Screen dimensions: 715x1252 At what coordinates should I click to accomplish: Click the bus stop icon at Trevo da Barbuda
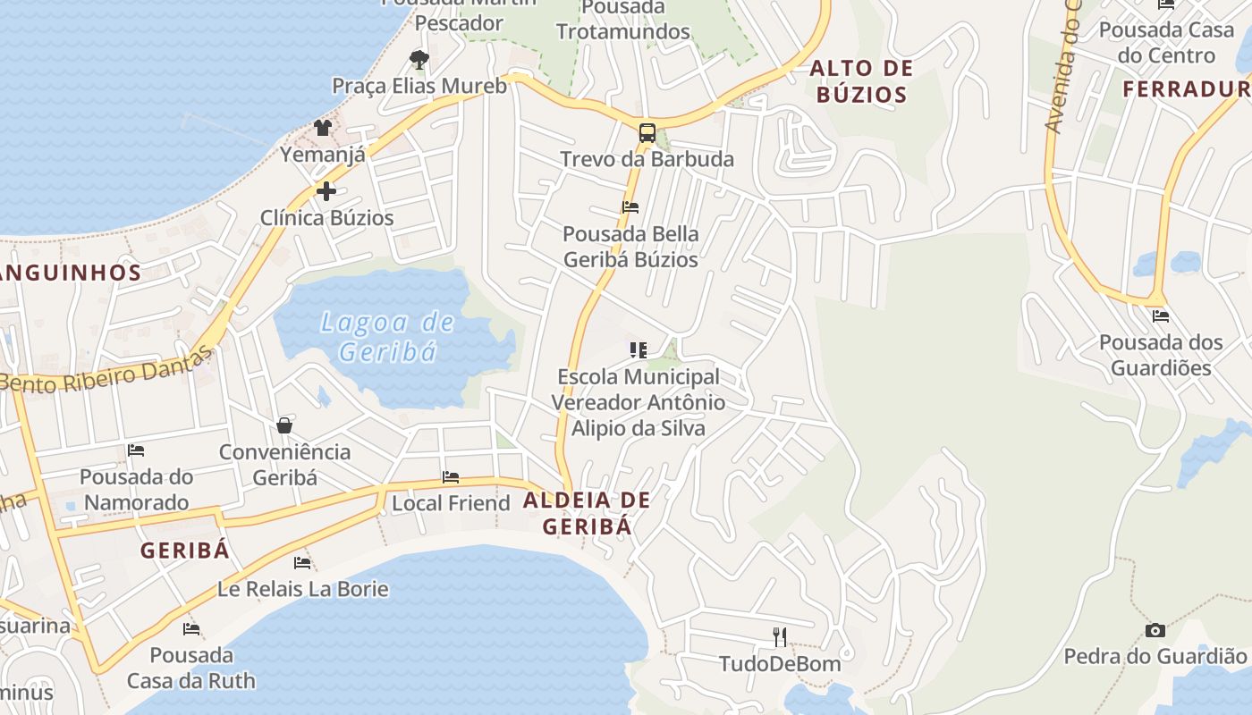click(647, 133)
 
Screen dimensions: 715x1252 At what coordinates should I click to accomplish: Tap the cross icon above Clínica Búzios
click(326, 190)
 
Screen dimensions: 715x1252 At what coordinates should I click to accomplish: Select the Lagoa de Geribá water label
click(387, 336)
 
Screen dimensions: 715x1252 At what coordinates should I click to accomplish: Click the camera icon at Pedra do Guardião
click(1155, 630)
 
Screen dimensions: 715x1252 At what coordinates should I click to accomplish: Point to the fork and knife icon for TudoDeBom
click(780, 636)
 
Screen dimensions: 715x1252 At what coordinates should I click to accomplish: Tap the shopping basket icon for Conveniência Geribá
click(284, 425)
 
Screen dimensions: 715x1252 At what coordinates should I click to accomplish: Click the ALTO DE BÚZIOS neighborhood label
click(861, 81)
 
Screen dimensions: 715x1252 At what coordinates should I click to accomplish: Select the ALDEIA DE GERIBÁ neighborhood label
click(587, 513)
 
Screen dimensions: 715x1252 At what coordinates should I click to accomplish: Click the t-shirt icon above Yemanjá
click(323, 128)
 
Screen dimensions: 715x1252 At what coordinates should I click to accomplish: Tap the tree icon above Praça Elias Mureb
click(419, 60)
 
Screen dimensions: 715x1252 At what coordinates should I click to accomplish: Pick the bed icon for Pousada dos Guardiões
click(1161, 315)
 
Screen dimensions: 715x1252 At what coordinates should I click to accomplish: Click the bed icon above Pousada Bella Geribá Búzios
click(630, 207)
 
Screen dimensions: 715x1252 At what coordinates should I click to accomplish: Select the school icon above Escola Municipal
click(638, 349)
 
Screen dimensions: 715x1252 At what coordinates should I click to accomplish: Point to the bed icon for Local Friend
click(451, 477)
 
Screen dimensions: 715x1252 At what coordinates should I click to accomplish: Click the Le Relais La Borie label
click(303, 589)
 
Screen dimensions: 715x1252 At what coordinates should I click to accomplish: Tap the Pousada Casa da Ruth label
click(190, 668)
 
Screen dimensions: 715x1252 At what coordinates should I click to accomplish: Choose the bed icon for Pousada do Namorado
click(136, 450)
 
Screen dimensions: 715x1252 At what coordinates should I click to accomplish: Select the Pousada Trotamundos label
click(623, 20)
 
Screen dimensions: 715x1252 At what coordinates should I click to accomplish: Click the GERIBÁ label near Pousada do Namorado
click(184, 551)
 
